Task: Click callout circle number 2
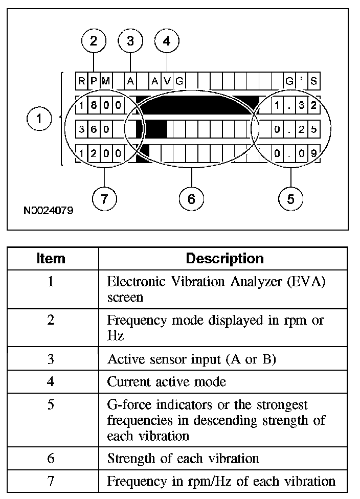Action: click(93, 41)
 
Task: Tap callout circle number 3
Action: click(130, 41)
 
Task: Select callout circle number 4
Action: click(167, 41)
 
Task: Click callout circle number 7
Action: click(104, 198)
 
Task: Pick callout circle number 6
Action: click(191, 198)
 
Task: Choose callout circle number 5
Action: click(290, 198)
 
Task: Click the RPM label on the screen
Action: click(94, 81)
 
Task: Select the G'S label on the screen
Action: click(302, 81)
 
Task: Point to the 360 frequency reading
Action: click(94, 129)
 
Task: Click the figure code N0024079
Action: click(48, 210)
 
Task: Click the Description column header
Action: click(224, 258)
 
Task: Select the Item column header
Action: click(51, 258)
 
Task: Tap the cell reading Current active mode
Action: click(166, 382)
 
